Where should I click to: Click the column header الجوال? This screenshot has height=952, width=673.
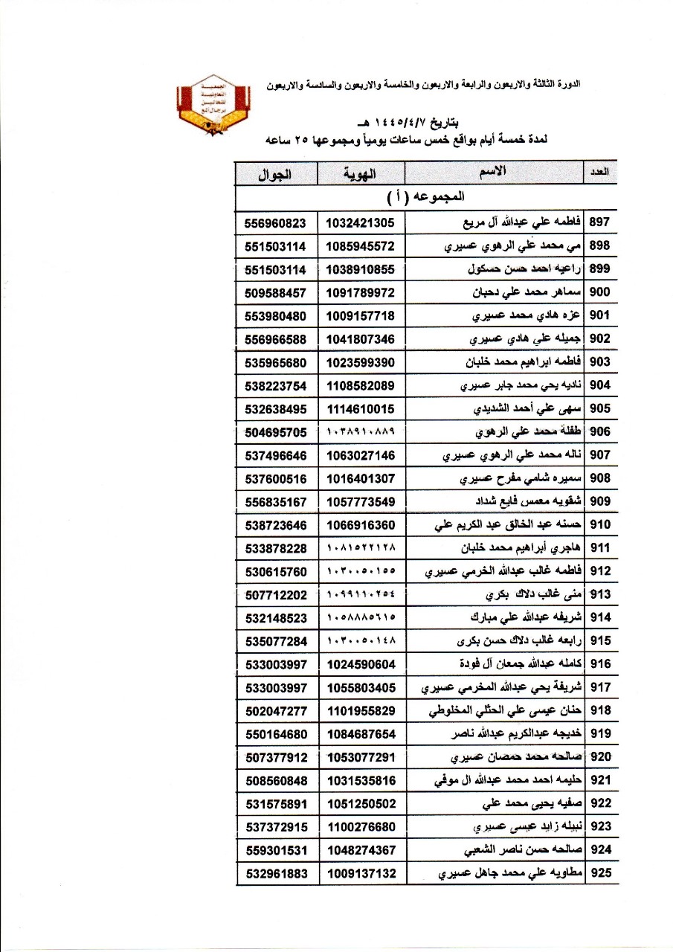tap(275, 175)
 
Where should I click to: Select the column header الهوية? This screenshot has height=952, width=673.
tap(361, 175)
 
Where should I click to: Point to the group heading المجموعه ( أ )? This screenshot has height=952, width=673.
tap(426, 198)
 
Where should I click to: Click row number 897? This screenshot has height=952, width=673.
tap(600, 222)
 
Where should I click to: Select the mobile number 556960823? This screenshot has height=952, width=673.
tap(275, 222)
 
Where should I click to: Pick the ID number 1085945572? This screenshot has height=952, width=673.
tap(361, 246)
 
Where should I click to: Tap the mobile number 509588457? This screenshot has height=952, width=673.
tap(275, 292)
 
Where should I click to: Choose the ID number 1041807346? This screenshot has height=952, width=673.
tap(361, 339)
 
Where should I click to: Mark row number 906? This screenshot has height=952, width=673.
tap(600, 432)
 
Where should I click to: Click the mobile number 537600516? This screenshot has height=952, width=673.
tap(275, 478)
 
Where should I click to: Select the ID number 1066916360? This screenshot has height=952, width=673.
tap(361, 525)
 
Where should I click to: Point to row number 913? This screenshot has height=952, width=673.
tap(600, 594)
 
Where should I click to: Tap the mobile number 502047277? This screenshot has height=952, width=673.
tap(275, 711)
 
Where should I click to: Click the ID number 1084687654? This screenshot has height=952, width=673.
tap(361, 734)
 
